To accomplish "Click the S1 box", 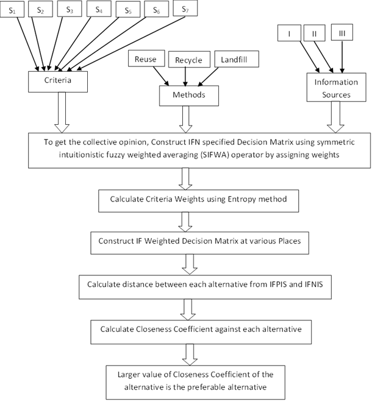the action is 12,10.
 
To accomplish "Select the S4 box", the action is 99,10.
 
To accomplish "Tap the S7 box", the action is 185,9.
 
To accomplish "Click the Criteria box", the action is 58,82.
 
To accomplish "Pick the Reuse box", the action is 146,58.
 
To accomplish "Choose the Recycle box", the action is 189,59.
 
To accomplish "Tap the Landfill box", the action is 237,59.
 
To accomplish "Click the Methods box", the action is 189,96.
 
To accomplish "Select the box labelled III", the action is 342,32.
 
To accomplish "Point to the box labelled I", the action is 289,33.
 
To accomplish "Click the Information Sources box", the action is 336,87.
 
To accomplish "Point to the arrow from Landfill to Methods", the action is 208,77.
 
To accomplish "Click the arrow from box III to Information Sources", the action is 342,57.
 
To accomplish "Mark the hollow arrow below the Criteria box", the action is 62,112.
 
